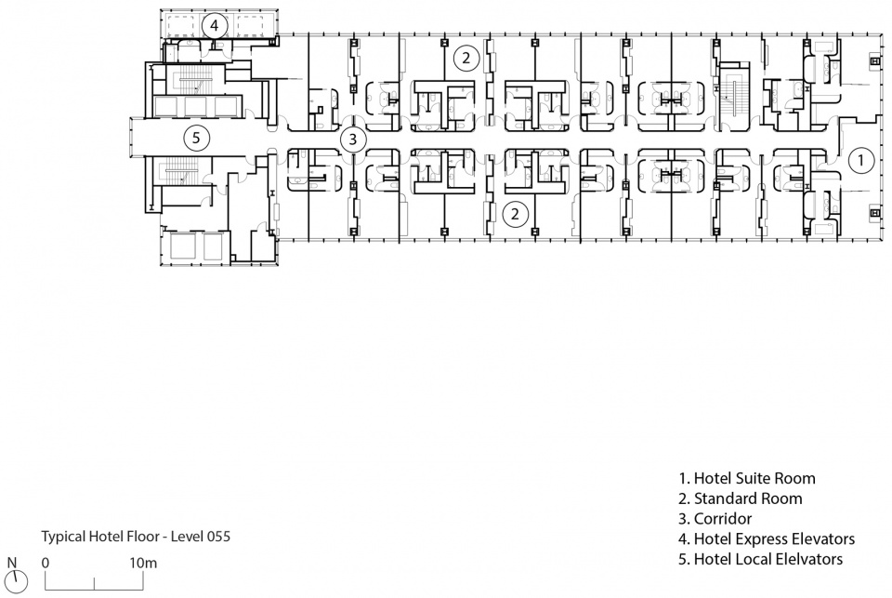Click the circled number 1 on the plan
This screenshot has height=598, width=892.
click(x=860, y=161)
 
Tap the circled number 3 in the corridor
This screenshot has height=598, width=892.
click(x=353, y=139)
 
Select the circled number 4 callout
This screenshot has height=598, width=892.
click(x=214, y=26)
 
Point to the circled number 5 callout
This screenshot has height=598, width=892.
click(x=196, y=138)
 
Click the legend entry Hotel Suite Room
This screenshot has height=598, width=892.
click(x=747, y=478)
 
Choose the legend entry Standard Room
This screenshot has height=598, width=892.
click(x=741, y=498)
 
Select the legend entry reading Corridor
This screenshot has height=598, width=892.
click(x=715, y=519)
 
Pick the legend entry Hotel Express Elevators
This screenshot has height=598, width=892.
click(x=767, y=538)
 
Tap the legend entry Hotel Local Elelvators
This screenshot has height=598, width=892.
click(x=761, y=559)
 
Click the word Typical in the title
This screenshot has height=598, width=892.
click(x=62, y=537)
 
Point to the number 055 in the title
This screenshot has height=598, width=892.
click(x=219, y=537)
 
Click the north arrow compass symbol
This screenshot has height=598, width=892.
click(x=19, y=580)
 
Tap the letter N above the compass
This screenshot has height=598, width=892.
click(x=12, y=564)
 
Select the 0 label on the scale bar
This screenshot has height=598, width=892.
click(x=46, y=564)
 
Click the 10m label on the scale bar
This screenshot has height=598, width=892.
click(x=143, y=564)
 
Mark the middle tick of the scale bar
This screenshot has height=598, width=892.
click(x=95, y=584)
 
